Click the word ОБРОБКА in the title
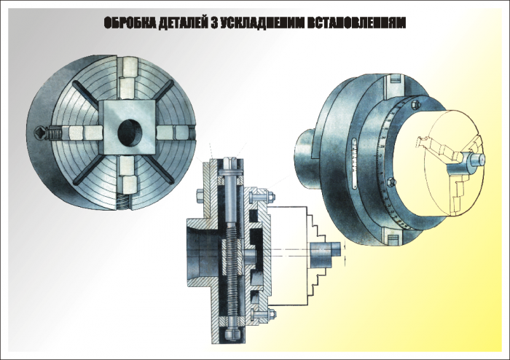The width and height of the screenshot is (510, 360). click(130, 23)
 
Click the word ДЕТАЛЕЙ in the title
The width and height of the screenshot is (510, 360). click(184, 23)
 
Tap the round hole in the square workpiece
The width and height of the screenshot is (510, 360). click(130, 133)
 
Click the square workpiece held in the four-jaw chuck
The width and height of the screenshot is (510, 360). click(127, 127)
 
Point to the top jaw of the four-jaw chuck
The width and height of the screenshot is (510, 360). click(127, 78)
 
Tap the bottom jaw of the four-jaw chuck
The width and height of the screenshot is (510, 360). click(127, 175)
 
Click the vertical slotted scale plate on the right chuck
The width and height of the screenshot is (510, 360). click(355, 163)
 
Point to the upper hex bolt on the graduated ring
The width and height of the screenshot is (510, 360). click(415, 105)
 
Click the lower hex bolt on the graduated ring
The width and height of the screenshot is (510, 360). click(392, 182)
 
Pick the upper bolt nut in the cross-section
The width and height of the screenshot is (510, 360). click(271, 197)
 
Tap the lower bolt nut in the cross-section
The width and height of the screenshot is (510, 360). click(272, 314)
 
